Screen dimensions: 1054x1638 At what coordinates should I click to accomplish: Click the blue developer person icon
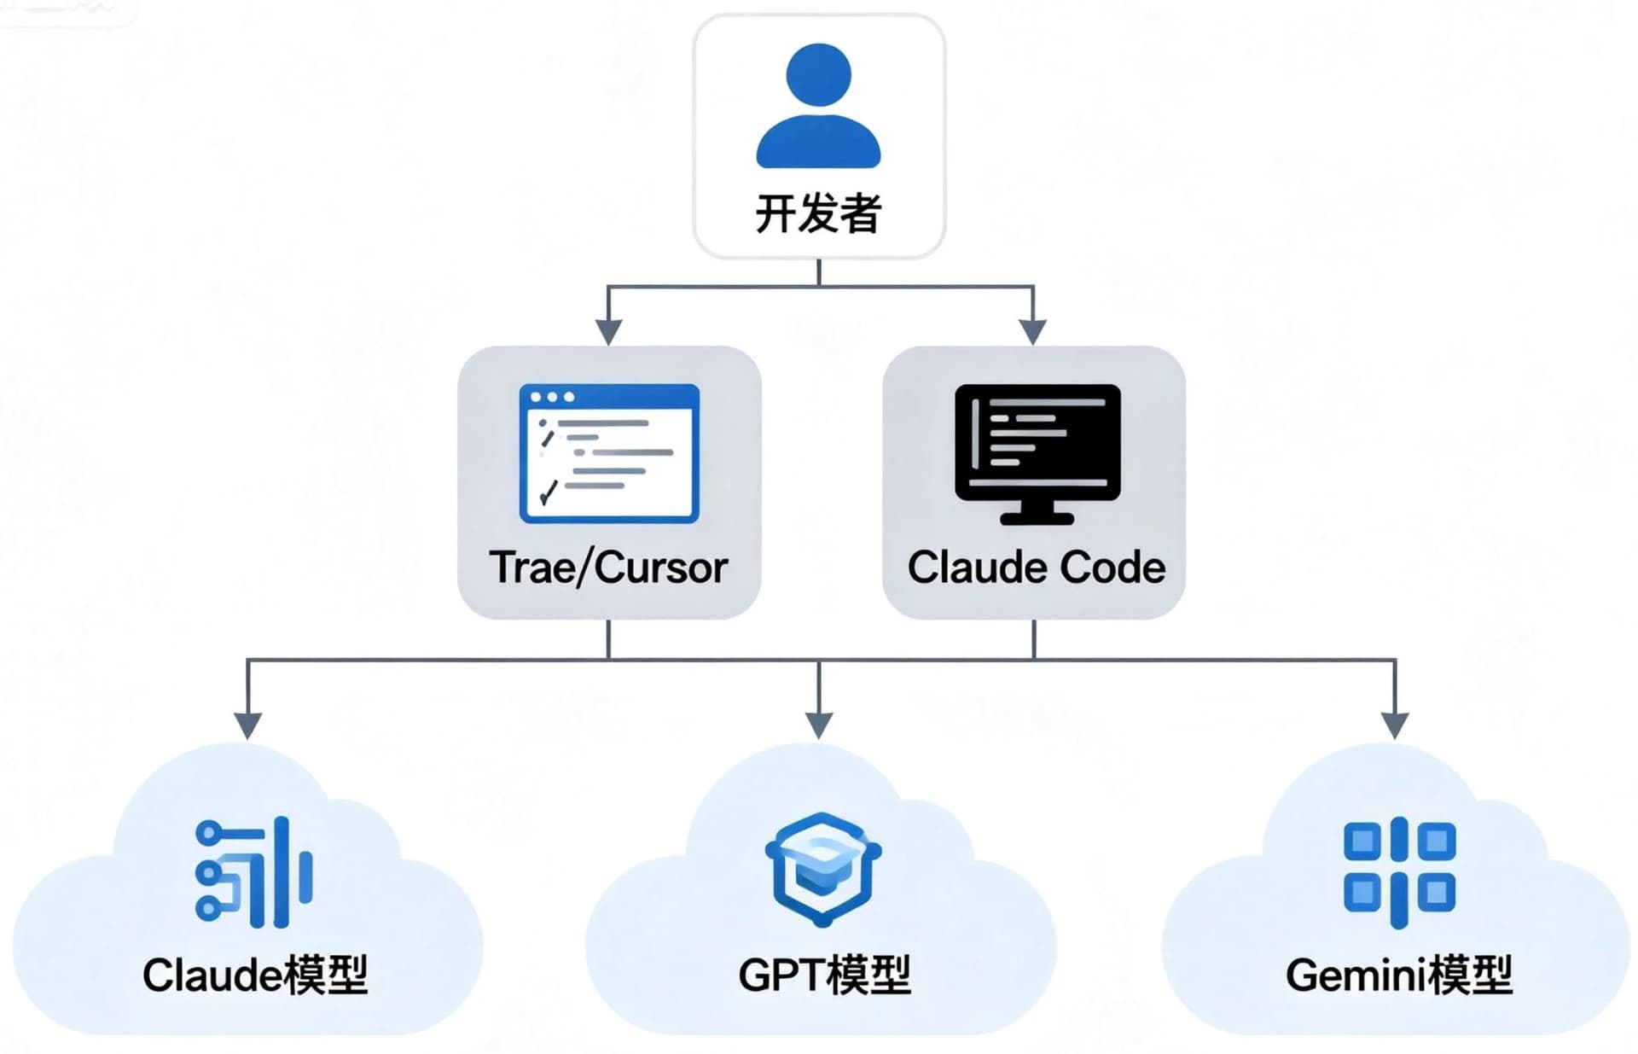tap(818, 107)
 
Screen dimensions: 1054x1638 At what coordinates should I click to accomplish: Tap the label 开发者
tap(818, 213)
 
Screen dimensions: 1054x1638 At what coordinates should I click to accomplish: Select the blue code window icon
tap(609, 453)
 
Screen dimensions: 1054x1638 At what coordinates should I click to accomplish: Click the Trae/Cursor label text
tap(608, 568)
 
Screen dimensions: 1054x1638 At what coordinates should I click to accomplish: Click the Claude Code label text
tap(1036, 568)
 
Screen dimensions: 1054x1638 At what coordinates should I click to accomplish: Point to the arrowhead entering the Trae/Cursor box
tap(608, 332)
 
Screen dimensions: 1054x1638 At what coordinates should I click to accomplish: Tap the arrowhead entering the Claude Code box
tap(1033, 332)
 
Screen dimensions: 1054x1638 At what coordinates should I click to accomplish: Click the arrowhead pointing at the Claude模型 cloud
tap(247, 725)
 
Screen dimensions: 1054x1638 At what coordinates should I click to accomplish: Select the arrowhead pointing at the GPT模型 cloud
tap(819, 725)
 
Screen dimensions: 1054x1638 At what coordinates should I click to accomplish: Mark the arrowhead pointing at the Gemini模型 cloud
tap(1395, 725)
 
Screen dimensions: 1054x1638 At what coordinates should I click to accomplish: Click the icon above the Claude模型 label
tap(254, 872)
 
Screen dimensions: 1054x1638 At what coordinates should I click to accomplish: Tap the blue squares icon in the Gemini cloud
tap(1399, 872)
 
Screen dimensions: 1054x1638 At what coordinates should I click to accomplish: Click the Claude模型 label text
tap(254, 975)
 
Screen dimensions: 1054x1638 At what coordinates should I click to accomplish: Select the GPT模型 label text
tap(824, 975)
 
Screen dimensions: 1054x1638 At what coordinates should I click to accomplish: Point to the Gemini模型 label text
tap(1399, 975)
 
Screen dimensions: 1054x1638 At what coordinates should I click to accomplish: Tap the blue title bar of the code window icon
tap(609, 397)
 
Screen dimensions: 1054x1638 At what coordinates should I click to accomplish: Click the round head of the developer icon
tap(818, 75)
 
